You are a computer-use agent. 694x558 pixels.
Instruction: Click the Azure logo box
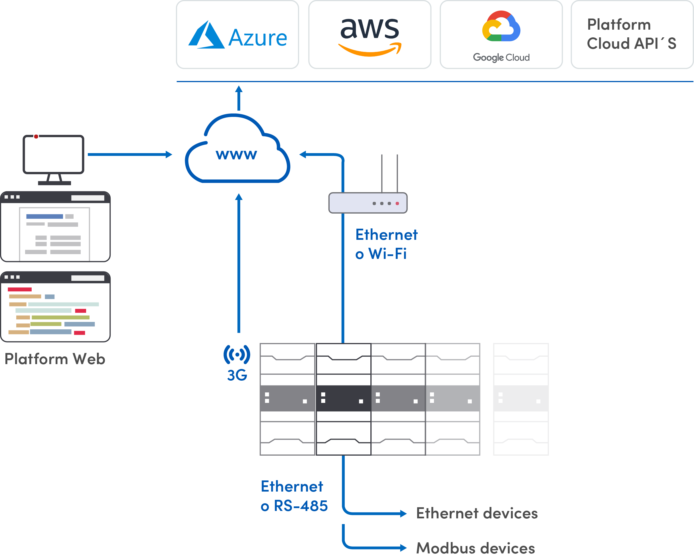coord(238,35)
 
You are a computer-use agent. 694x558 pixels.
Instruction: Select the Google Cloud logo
coord(501,35)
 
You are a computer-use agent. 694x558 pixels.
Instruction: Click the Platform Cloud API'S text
coord(631,34)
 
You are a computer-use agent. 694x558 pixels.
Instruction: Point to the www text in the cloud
coord(236,155)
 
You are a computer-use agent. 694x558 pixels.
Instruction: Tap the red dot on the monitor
coord(36,137)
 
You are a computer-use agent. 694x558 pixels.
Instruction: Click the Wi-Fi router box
coord(368,203)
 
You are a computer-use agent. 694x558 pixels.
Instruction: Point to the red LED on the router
coord(397,204)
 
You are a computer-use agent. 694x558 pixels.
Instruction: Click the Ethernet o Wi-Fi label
coord(386,244)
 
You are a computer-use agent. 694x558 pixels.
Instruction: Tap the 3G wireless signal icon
coord(237,354)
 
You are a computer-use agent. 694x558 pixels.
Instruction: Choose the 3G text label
coord(237,375)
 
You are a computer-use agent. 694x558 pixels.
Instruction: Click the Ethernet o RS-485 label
coord(294,496)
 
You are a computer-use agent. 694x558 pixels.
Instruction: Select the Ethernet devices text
coord(477,513)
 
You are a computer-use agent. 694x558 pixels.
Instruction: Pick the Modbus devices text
coord(475,548)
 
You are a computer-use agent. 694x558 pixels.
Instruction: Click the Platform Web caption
coord(55,359)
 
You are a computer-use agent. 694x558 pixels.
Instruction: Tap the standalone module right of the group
coord(521,399)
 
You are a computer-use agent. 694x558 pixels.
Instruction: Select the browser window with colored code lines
coord(55,307)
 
